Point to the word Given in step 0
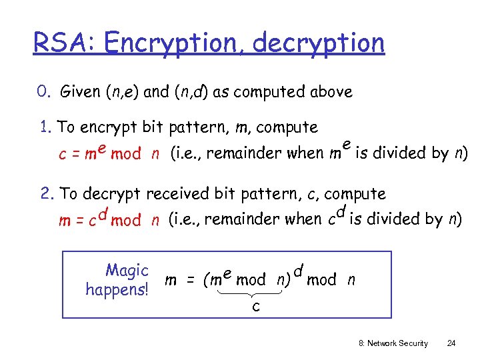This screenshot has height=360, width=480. (81, 92)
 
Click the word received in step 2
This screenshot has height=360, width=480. (177, 194)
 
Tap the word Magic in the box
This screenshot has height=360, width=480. (127, 271)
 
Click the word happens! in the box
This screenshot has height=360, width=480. (117, 289)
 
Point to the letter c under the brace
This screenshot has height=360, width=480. (255, 307)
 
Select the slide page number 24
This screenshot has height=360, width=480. (451, 343)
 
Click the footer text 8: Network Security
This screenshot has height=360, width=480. (393, 343)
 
